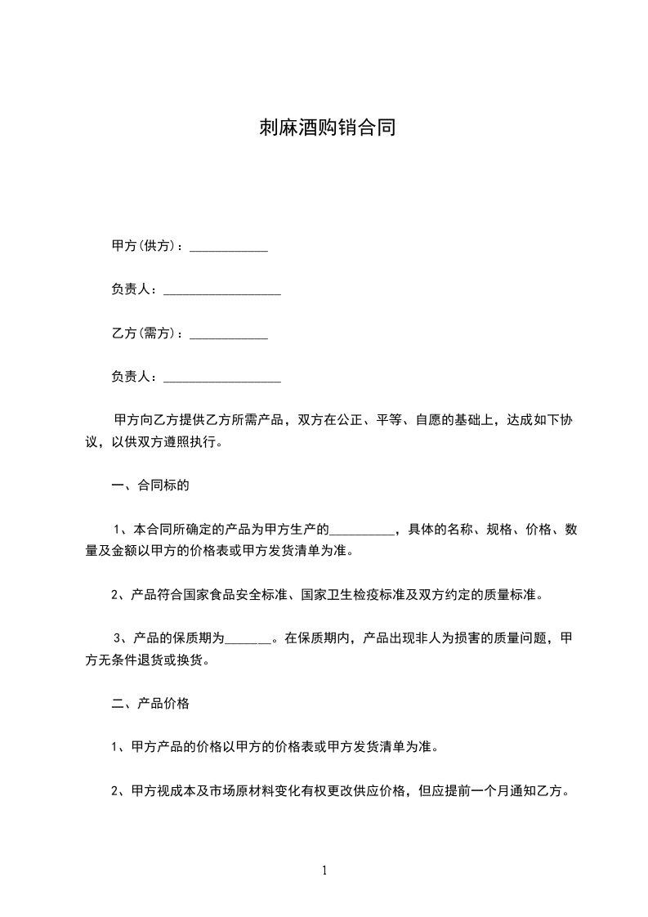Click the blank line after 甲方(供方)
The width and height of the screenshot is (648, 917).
pyautogui.click(x=229, y=248)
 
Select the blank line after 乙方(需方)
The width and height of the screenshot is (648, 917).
pyautogui.click(x=229, y=335)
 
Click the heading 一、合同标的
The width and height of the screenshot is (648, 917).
pyautogui.click(x=150, y=486)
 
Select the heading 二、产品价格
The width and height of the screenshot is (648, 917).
pyautogui.click(x=150, y=704)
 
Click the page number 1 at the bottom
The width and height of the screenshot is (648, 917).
pyautogui.click(x=324, y=871)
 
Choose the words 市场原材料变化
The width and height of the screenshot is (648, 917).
pyautogui.click(x=249, y=791)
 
